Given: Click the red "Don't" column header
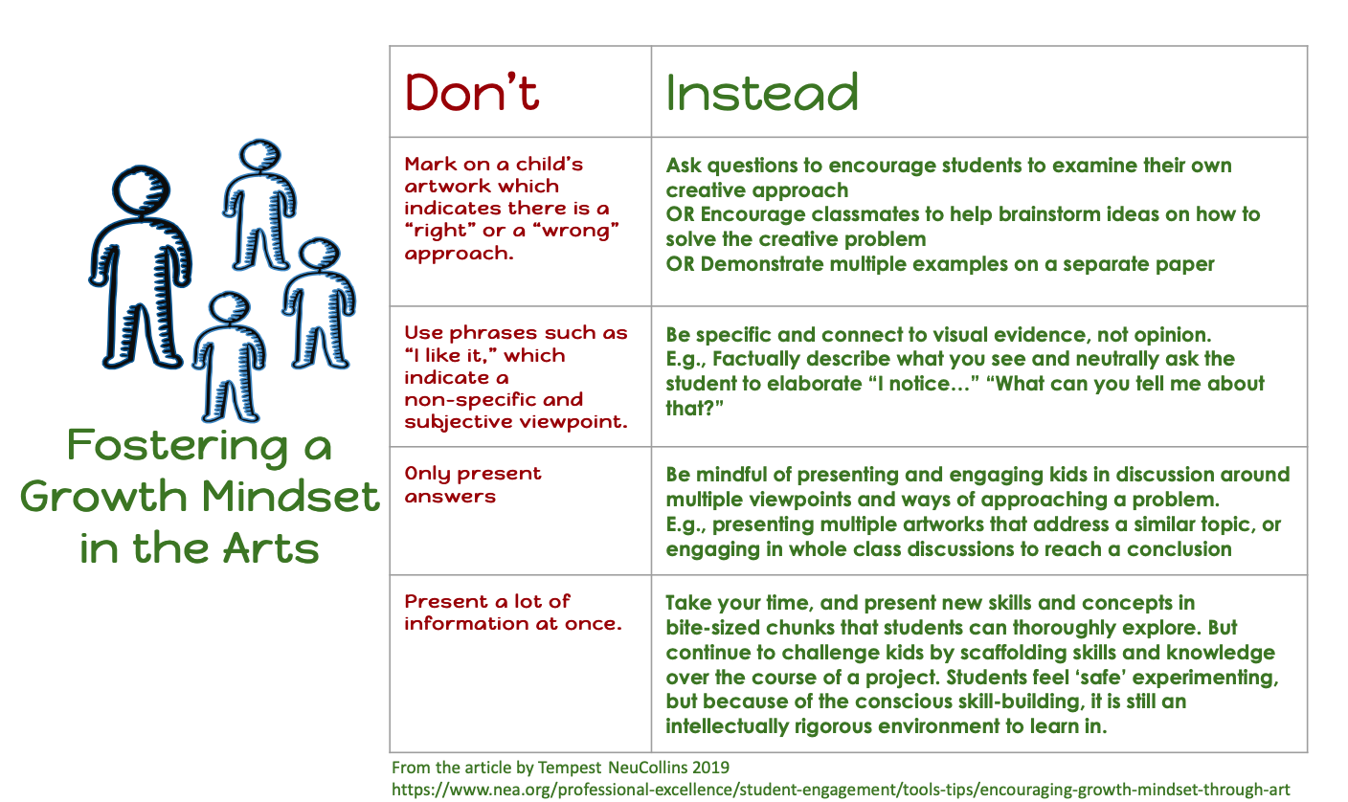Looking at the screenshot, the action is click(x=472, y=92).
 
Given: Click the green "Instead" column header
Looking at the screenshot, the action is click(x=762, y=92).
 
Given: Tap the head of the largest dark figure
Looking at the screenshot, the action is click(x=142, y=189).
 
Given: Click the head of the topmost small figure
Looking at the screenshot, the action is click(x=260, y=155).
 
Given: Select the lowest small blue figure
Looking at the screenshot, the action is click(x=229, y=357).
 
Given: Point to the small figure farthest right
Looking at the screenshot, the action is click(x=319, y=302).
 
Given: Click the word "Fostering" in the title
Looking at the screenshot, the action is click(x=177, y=446).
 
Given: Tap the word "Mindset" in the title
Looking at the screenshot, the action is click(x=290, y=497).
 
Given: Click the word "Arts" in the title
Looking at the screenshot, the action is click(x=271, y=548).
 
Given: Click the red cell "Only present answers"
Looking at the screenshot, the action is click(x=473, y=484).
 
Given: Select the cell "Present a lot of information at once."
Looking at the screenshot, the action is click(x=513, y=613).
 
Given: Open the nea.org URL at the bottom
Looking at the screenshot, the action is click(x=841, y=790).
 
